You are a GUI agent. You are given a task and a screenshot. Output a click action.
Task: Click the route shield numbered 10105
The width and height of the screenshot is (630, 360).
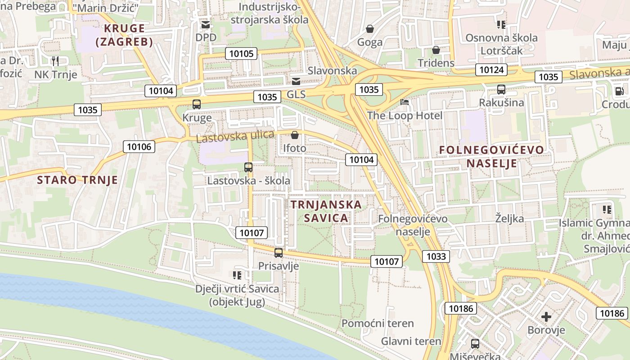pyautogui.click(x=243, y=54)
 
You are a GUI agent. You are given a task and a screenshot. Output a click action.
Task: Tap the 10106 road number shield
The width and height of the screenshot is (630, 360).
pyautogui.click(x=139, y=146)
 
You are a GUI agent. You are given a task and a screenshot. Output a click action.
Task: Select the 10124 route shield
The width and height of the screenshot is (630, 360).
pyautogui.click(x=491, y=70)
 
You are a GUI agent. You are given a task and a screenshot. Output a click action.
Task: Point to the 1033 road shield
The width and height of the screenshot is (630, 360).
pyautogui.click(x=436, y=256)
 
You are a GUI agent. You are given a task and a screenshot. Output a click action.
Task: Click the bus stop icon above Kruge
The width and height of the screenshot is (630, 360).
pyautogui.click(x=197, y=104)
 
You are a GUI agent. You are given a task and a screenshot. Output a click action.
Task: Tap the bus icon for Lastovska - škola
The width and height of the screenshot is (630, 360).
pyautogui.click(x=248, y=167)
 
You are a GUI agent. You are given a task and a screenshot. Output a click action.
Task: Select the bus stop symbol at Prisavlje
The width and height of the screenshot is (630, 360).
pyautogui.click(x=279, y=253)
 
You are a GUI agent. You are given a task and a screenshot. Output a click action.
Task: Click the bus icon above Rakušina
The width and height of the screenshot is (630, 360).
pyautogui.click(x=501, y=90)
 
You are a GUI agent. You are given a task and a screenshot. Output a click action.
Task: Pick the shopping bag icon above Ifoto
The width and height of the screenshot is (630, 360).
pyautogui.click(x=295, y=135)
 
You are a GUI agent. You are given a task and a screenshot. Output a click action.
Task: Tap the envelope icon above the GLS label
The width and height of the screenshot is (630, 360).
pyautogui.click(x=296, y=81)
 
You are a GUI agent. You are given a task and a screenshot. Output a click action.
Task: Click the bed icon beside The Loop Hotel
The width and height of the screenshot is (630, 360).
pyautogui.click(x=405, y=103)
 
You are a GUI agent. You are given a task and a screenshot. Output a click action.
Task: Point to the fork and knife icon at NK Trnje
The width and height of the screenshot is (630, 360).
pyautogui.click(x=55, y=61)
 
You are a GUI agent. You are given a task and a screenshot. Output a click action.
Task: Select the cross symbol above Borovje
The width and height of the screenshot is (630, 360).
pyautogui.click(x=546, y=317)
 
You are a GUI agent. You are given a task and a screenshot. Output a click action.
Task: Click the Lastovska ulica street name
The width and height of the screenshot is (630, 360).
pyautogui.click(x=235, y=136)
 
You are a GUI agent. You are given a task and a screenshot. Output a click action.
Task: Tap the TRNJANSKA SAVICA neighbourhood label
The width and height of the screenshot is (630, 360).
pyautogui.click(x=326, y=211)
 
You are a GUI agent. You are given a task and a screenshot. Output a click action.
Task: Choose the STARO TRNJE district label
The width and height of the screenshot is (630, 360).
pyautogui.click(x=77, y=180)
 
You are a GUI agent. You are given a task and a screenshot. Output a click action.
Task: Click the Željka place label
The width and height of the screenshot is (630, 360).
pyautogui.click(x=509, y=219)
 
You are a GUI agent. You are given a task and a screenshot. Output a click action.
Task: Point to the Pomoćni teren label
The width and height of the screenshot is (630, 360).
pyautogui.click(x=378, y=323)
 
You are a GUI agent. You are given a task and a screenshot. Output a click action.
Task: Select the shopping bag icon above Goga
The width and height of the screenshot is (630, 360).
pyautogui.click(x=370, y=29)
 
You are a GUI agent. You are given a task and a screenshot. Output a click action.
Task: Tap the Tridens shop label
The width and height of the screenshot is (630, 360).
pyautogui.click(x=436, y=63)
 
